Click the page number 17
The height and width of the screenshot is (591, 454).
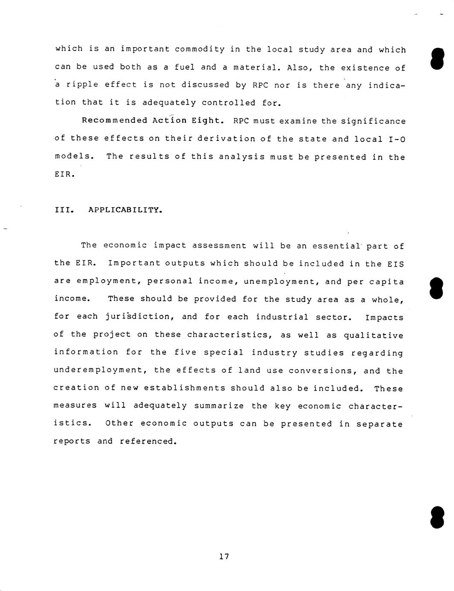(x=224, y=557)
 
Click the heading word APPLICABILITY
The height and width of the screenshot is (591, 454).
(x=125, y=210)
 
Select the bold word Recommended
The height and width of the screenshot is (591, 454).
(x=115, y=120)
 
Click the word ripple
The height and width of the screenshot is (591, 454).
(x=82, y=85)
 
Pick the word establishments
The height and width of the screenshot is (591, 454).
(x=184, y=388)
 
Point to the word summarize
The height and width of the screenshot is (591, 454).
(x=219, y=406)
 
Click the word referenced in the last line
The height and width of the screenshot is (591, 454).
(x=148, y=441)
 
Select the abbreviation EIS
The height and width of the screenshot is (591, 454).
(x=395, y=264)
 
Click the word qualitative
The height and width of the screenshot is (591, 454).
(x=374, y=335)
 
